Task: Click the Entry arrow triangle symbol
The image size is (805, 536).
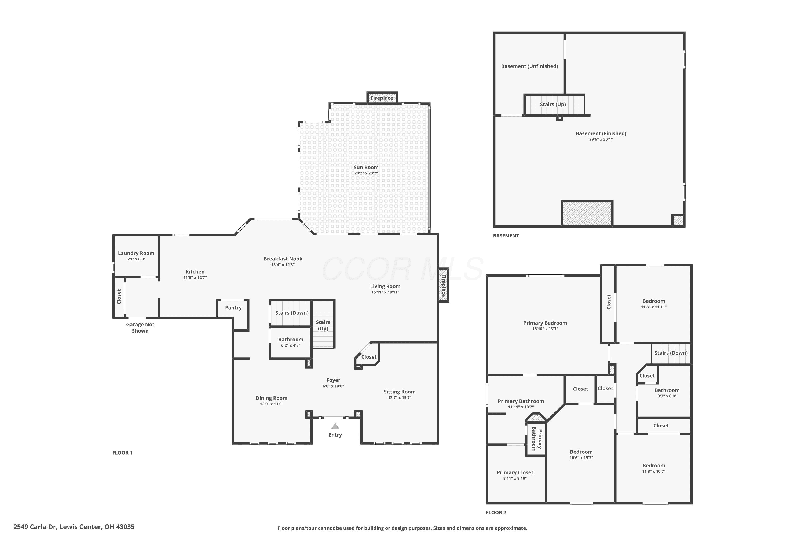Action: pos(335,426)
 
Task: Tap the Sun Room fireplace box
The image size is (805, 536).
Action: pos(382,98)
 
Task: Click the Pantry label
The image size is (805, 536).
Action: pos(233,308)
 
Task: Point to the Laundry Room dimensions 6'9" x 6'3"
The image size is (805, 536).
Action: pos(136,259)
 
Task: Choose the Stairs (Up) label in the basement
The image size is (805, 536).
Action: pos(553,104)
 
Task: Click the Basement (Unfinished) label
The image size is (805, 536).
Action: pos(529,66)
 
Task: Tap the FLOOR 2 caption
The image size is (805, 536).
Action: pos(496,512)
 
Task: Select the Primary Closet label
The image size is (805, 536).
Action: pos(515,472)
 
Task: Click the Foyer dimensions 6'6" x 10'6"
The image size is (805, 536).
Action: pos(333,386)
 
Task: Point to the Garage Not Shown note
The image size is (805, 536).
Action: pos(140,327)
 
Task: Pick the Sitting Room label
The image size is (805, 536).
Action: pos(400,392)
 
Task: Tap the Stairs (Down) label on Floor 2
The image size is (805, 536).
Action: pos(671,353)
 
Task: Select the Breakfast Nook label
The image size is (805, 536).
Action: pos(283,259)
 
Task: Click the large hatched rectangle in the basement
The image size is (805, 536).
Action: pos(587,213)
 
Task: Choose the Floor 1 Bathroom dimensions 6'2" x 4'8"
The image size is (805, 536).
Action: pos(291,345)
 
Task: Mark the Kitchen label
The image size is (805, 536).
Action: pos(195,272)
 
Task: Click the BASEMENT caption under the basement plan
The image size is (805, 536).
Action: pos(506,236)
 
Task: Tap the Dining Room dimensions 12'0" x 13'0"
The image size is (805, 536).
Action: pos(271,404)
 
